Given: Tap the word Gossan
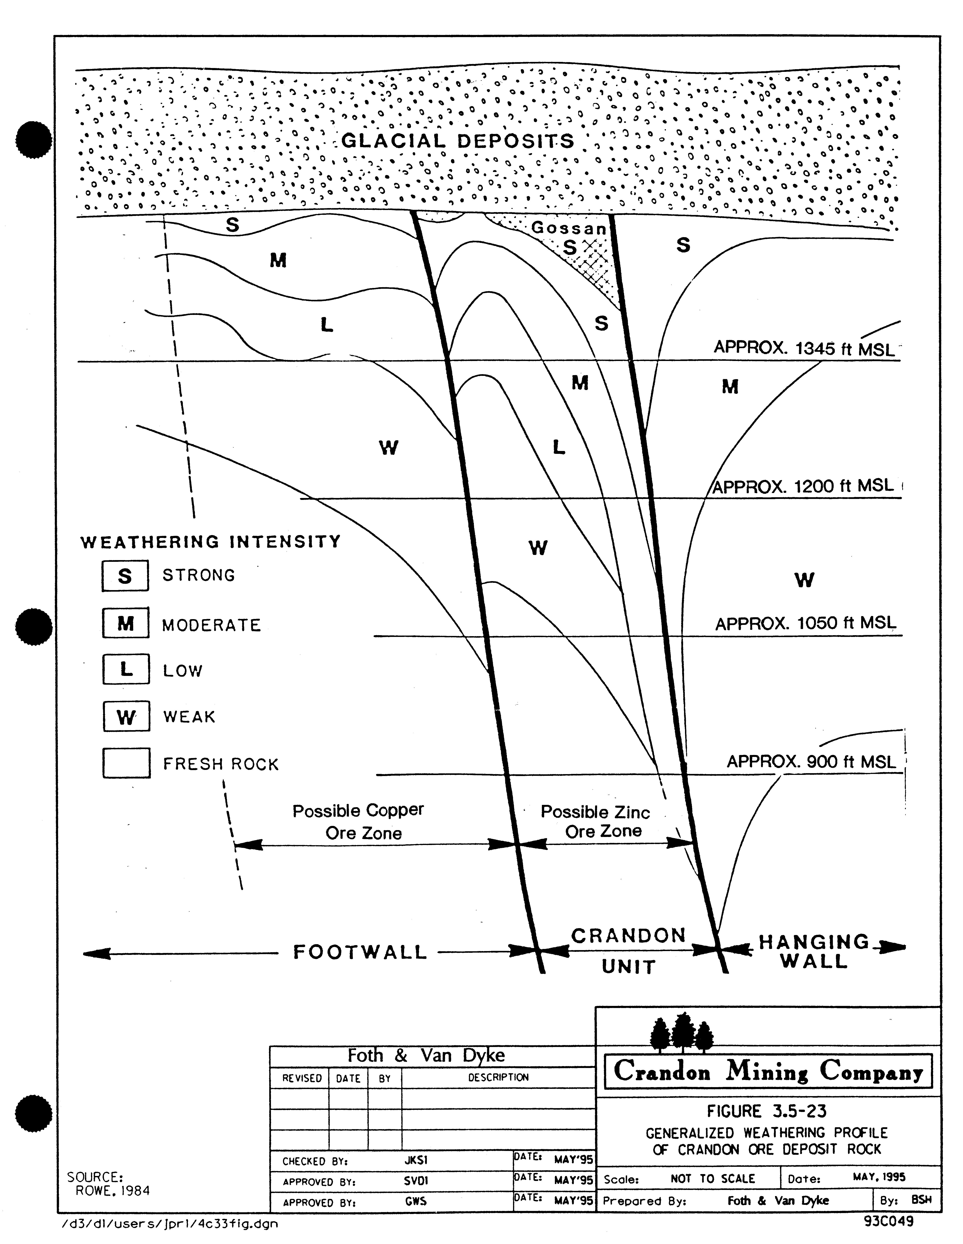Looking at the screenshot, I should coord(568,228).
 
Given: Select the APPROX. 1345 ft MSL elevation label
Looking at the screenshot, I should coord(804,348).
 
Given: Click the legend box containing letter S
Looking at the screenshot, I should coord(125,576).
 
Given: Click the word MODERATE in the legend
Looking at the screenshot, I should coord(211,625).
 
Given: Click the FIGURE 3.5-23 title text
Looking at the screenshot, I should coord(767,1111).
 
